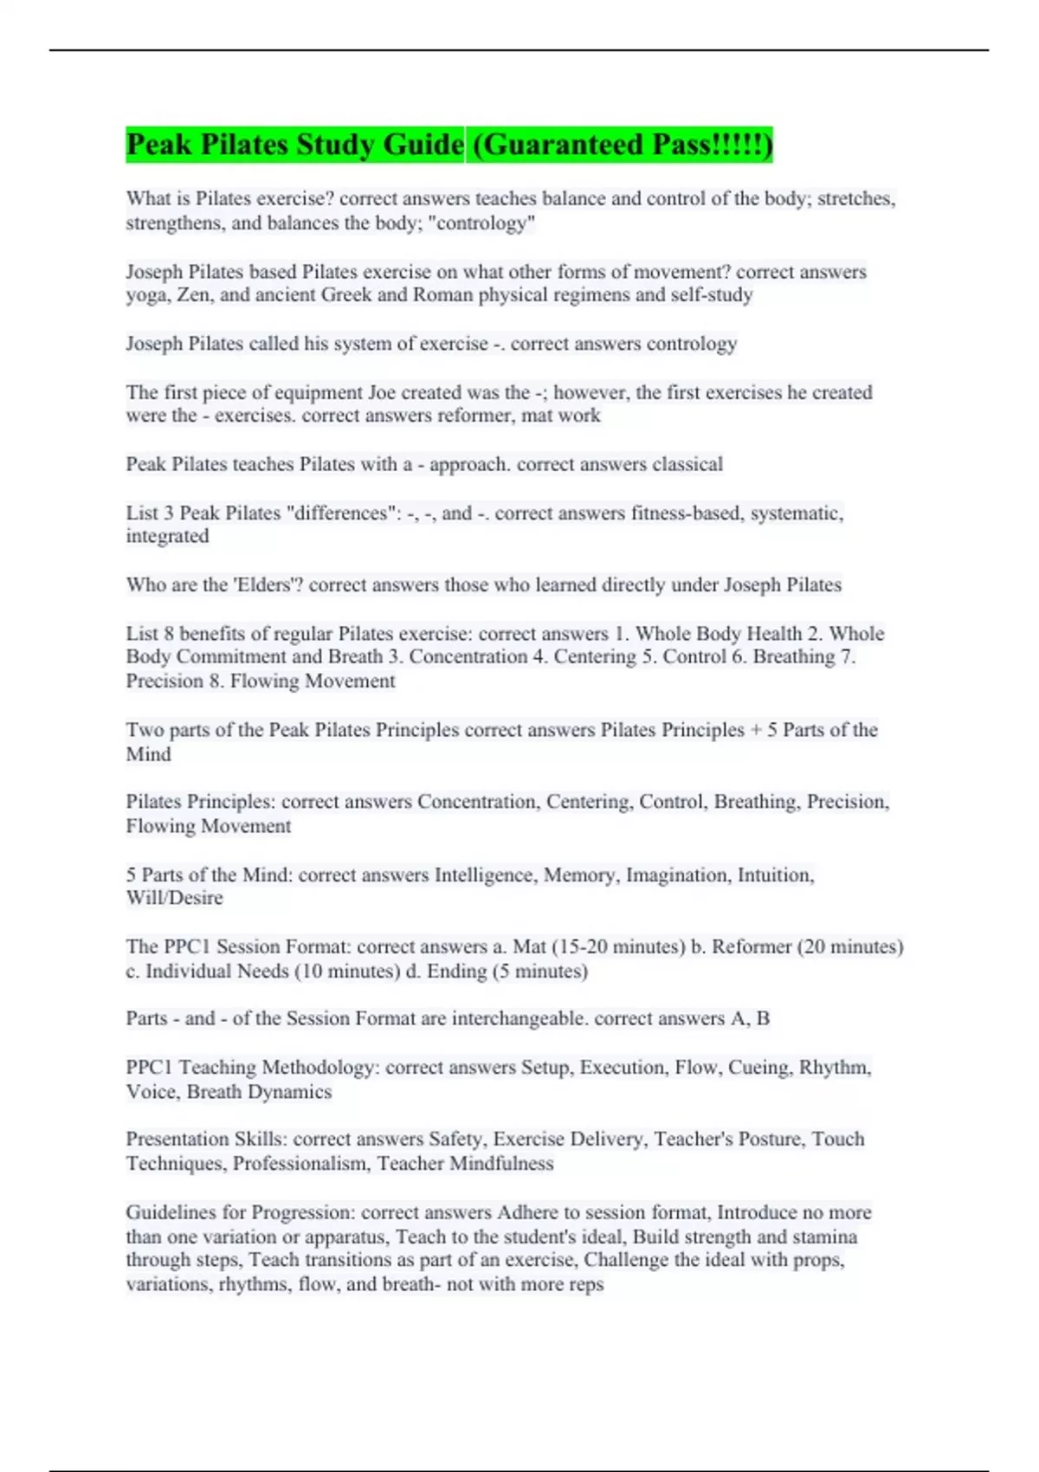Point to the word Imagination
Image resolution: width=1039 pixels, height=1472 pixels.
point(677,875)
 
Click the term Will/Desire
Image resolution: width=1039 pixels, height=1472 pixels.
point(175,898)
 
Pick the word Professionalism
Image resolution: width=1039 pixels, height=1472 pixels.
point(300,1163)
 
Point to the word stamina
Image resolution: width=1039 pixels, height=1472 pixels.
point(823,1236)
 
